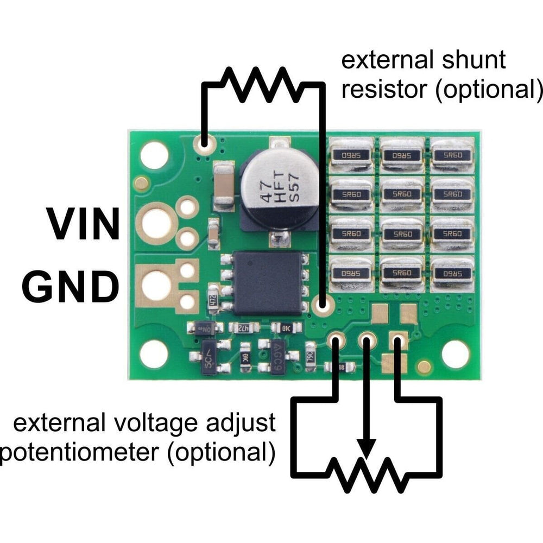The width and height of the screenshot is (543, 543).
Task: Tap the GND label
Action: pos(71,287)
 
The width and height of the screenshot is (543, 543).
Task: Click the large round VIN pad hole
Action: pos(156,221)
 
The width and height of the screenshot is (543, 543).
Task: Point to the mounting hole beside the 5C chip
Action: pos(154,354)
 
